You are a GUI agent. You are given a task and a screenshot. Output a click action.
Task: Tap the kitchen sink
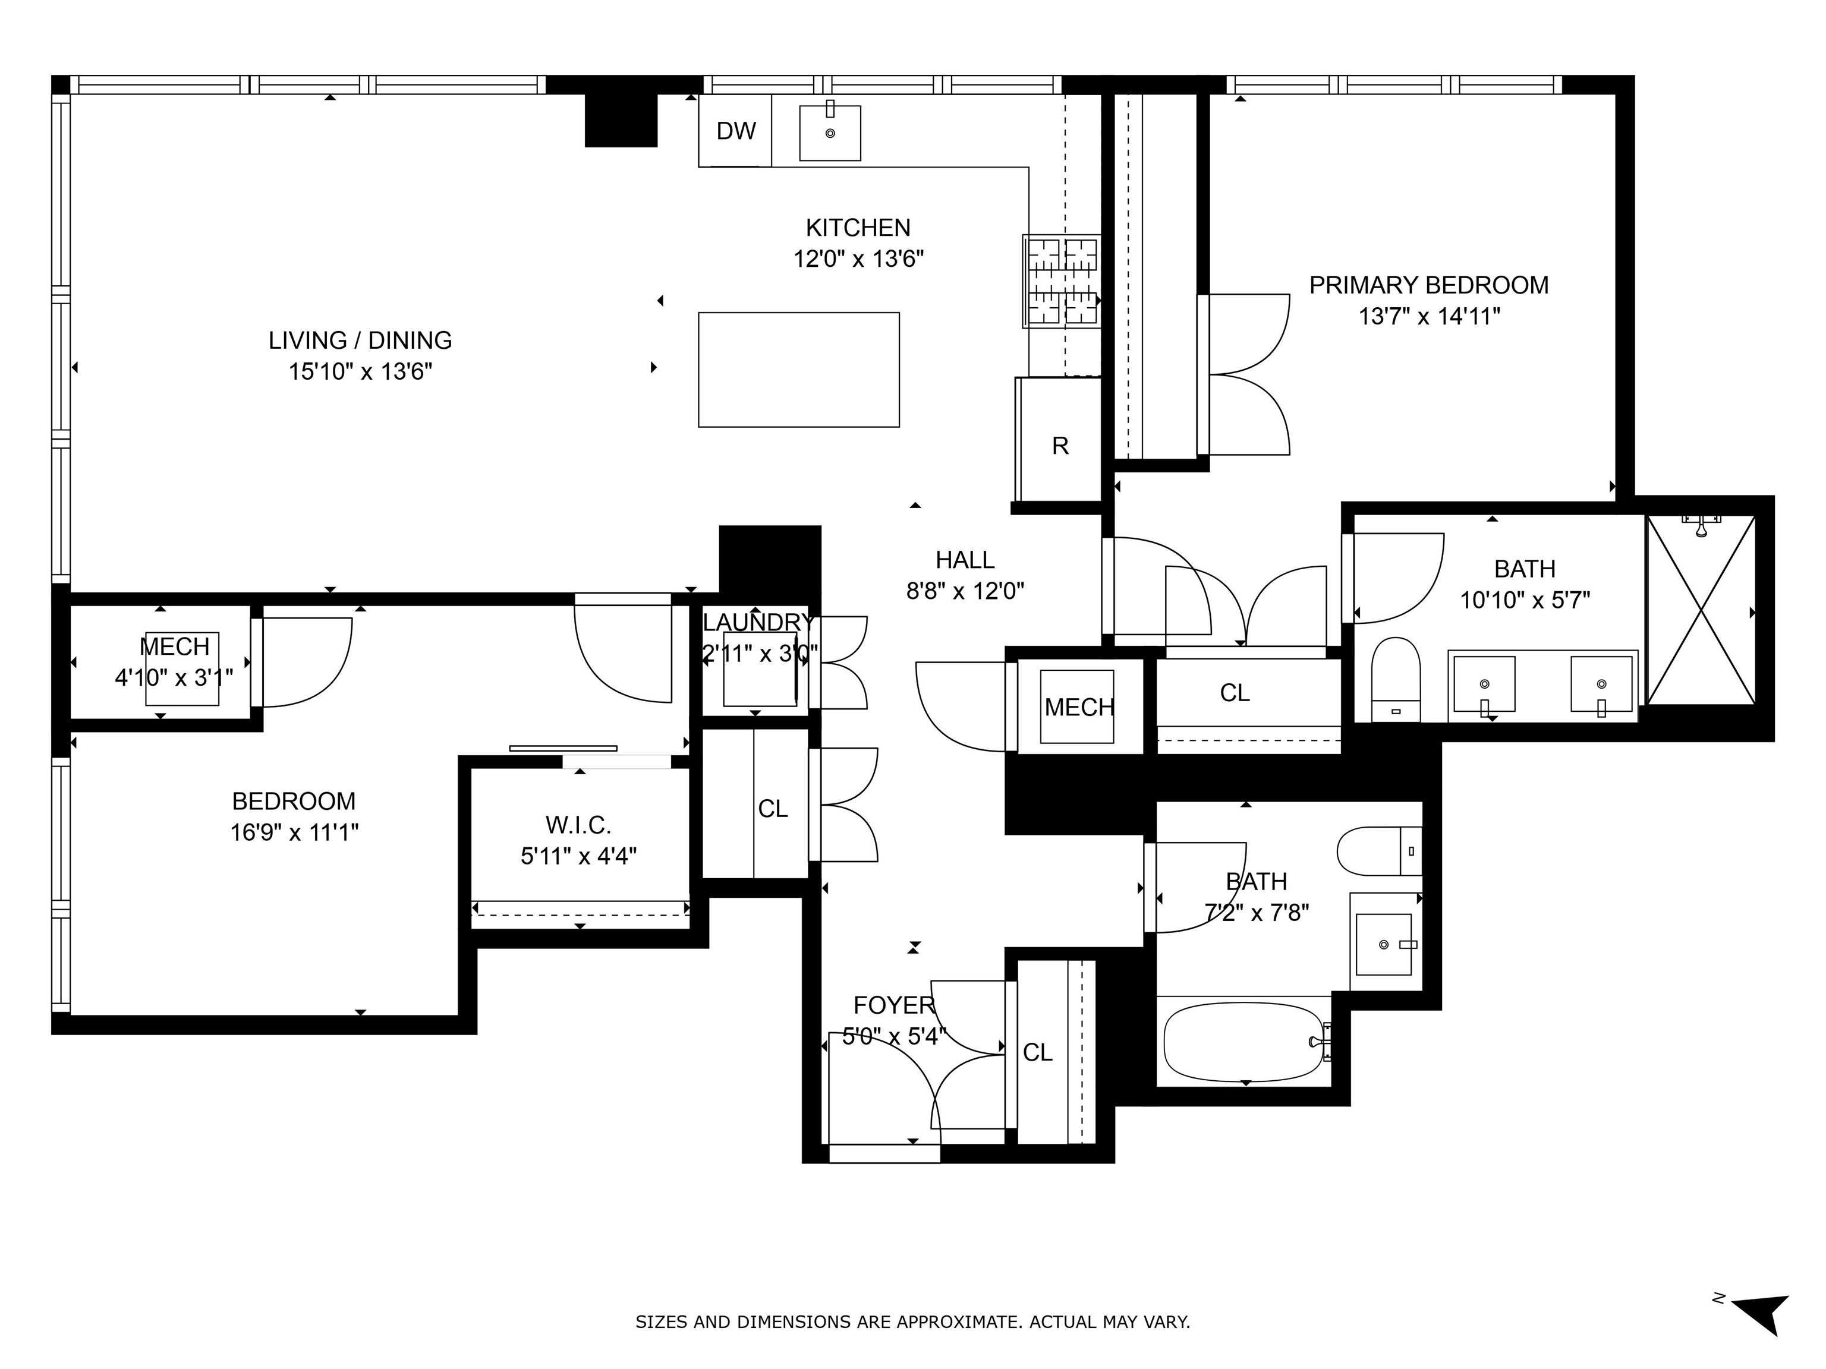coord(830,132)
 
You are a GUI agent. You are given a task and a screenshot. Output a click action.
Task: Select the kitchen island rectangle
coord(798,369)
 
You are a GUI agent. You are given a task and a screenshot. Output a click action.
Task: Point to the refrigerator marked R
coord(1060,446)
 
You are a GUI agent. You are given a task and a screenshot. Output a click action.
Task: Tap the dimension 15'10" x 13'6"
coord(360,371)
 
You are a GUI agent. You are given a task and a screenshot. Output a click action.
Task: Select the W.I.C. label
coord(578,824)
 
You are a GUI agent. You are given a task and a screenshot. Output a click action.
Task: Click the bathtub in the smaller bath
coord(1242,1042)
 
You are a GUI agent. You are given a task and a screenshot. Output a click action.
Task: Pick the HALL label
coord(964,560)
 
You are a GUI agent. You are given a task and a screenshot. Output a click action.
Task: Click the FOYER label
coord(893,1005)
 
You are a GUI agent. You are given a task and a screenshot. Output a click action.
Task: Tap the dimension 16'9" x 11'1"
coord(294,832)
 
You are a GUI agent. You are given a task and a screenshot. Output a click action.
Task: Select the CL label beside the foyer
coord(1038,1052)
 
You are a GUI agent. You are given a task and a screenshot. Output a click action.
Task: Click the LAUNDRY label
coord(758,622)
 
